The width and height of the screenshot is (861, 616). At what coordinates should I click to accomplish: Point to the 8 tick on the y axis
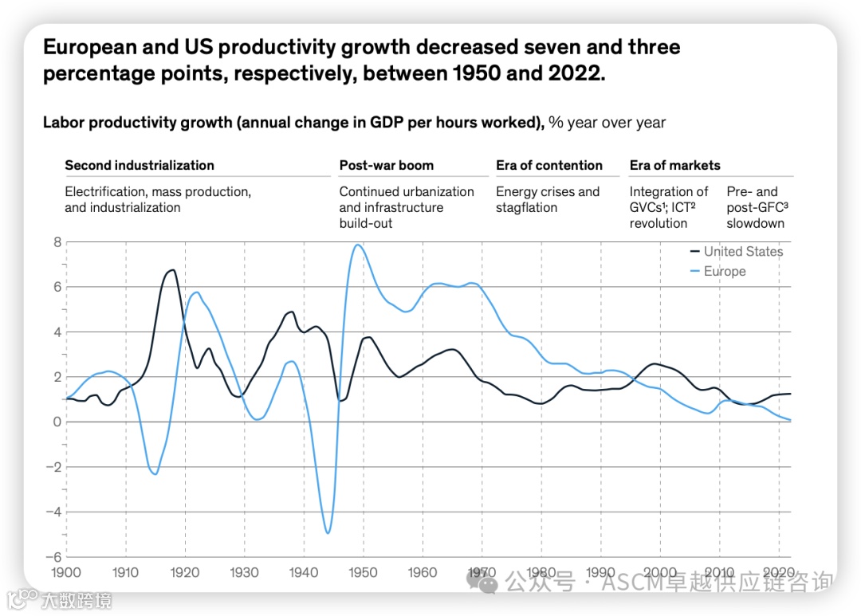(x=57, y=241)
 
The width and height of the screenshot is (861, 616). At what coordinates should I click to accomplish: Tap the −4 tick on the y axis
(x=53, y=512)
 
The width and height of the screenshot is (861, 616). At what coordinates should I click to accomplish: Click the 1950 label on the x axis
(x=363, y=572)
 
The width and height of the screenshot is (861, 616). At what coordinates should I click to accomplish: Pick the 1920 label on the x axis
(x=185, y=572)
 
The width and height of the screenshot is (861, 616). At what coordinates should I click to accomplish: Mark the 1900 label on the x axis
(x=66, y=572)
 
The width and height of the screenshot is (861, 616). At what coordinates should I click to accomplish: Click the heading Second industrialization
(x=140, y=166)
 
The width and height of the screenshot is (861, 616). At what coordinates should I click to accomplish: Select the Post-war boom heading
(x=387, y=166)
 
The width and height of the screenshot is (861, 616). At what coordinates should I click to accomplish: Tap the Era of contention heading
(x=549, y=166)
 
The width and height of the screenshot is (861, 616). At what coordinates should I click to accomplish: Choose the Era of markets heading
(x=674, y=166)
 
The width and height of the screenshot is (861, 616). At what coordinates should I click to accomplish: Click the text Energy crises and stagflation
(x=548, y=199)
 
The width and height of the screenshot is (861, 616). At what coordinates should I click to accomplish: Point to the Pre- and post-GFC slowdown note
(x=755, y=207)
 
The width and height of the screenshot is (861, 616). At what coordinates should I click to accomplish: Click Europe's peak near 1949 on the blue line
(x=358, y=245)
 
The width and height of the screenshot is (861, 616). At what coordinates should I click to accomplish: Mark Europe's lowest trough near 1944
(x=328, y=532)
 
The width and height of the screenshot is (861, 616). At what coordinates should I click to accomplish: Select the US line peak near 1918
(x=172, y=270)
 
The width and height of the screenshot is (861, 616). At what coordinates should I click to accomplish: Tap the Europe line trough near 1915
(x=155, y=474)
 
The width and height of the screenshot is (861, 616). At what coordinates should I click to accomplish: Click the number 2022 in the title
(x=569, y=74)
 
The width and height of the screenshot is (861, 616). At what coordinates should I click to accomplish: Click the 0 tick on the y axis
(x=57, y=422)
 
